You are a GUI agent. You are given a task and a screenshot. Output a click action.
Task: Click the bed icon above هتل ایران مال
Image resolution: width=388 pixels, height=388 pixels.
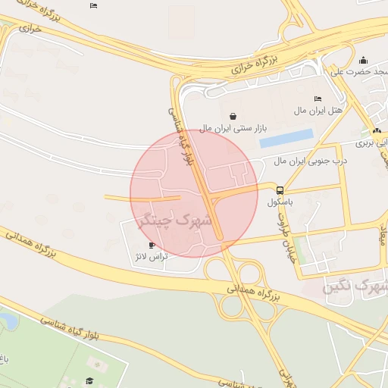pyautogui.click(x=318, y=99)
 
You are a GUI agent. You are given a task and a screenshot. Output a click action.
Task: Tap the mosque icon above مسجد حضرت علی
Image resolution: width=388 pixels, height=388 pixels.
pyautogui.click(x=363, y=61)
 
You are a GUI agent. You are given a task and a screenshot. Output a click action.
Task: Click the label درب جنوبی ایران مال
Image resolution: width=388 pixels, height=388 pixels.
pyautogui.click(x=310, y=161)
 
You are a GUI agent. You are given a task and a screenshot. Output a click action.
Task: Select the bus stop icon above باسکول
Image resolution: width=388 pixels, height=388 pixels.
pyautogui.click(x=280, y=190)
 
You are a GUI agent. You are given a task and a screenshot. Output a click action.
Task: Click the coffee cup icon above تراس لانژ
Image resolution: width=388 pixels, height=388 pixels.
pyautogui.click(x=152, y=246)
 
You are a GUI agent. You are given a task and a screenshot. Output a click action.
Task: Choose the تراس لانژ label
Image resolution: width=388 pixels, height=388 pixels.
pyautogui.click(x=151, y=257)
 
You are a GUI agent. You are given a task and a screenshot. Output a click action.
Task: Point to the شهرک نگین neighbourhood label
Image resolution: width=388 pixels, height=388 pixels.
pyautogui.click(x=355, y=287)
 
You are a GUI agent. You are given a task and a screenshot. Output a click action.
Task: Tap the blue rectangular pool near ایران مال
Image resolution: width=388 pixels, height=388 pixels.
pyautogui.click(x=286, y=139)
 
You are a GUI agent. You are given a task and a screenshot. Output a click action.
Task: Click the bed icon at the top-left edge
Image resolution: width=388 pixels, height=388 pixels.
pyautogui.click(x=93, y=6)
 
